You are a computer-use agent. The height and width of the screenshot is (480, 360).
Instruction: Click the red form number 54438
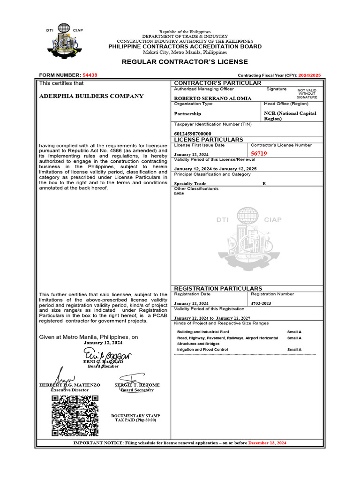point(90,75)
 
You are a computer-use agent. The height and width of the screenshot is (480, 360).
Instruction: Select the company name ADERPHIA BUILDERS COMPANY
point(91,96)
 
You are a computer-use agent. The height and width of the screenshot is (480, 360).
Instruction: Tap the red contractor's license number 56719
point(259,154)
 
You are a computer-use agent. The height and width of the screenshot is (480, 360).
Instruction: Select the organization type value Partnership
point(187,113)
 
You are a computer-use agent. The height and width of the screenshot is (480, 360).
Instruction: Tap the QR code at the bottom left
point(75,415)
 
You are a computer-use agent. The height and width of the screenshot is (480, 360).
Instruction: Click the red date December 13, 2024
point(267,443)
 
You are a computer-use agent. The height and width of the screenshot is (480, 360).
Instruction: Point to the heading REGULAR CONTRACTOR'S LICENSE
point(185,62)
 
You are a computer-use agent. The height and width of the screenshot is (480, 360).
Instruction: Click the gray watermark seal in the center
point(249,239)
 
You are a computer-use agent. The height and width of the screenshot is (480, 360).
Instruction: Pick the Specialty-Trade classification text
point(190,184)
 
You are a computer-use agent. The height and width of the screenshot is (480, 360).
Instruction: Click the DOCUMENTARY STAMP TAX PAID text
point(135,418)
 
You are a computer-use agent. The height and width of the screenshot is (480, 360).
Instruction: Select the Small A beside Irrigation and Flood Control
point(294,350)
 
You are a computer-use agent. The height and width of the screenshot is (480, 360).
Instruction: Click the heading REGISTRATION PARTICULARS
point(218,288)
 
